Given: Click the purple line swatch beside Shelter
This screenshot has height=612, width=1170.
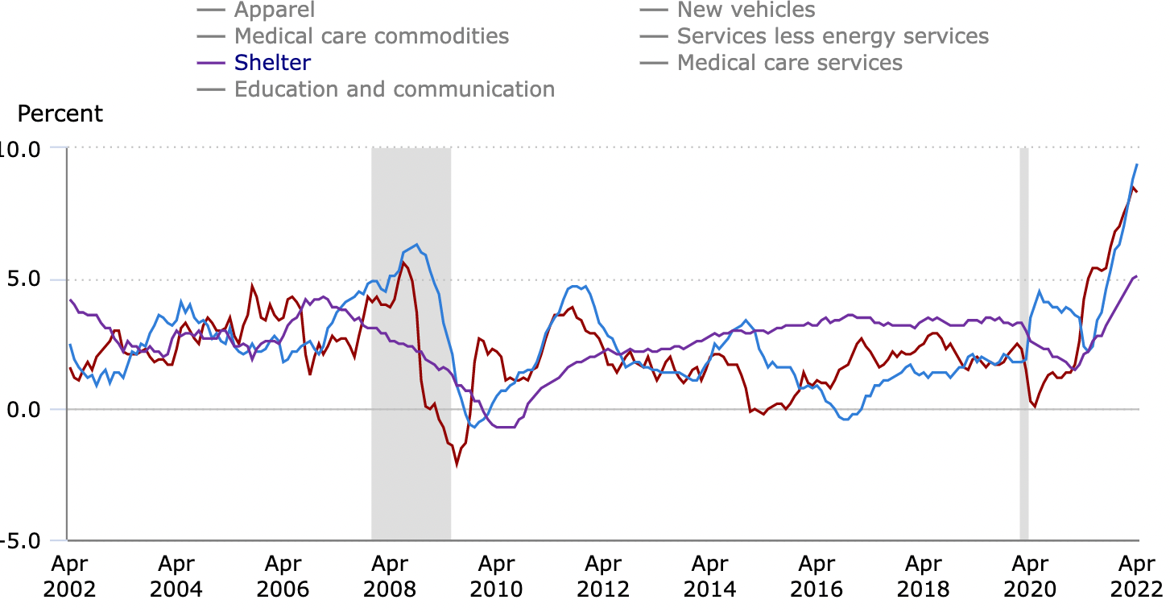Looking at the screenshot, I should click(x=212, y=63).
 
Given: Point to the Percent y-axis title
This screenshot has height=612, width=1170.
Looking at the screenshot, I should click(x=60, y=114).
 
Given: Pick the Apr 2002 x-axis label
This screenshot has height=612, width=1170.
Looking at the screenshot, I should click(x=70, y=576).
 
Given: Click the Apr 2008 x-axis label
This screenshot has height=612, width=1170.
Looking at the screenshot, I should click(x=390, y=576).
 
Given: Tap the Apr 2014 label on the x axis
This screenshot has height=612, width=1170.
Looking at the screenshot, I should click(x=709, y=576).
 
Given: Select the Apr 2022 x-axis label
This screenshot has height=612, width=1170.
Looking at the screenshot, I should click(x=1137, y=576).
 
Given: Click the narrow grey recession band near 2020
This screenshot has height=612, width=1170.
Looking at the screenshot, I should click(x=1023, y=338).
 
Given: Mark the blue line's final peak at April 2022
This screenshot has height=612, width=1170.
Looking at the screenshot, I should click(x=1136, y=164).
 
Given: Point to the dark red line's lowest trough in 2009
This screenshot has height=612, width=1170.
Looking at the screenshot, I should click(x=457, y=465).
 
